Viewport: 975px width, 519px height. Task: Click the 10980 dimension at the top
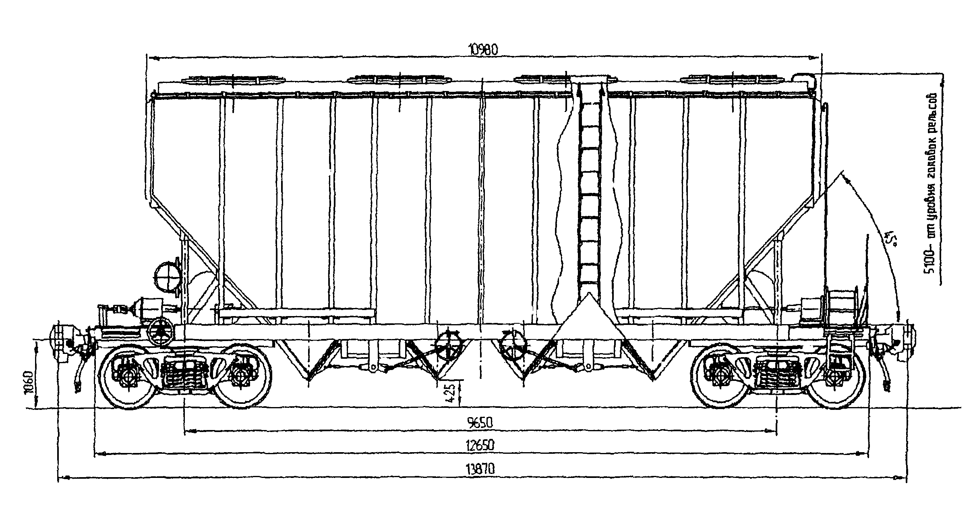pos(483,50)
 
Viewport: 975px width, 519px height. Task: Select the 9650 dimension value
pos(480,423)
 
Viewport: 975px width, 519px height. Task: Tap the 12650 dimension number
pos(480,445)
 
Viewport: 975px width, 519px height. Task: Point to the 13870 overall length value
pos(480,469)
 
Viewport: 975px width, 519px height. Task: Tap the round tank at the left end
pos(166,275)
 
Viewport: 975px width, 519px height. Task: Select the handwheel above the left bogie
pos(161,332)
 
